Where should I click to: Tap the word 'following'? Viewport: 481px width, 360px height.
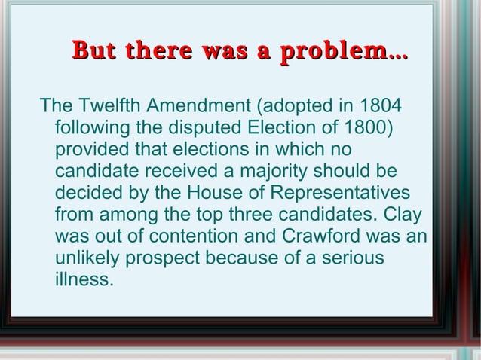(x=89, y=126)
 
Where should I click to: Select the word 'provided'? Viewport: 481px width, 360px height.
(x=91, y=148)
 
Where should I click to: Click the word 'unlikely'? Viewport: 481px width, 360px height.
(x=88, y=258)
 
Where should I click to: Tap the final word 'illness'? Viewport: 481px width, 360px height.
(x=83, y=281)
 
